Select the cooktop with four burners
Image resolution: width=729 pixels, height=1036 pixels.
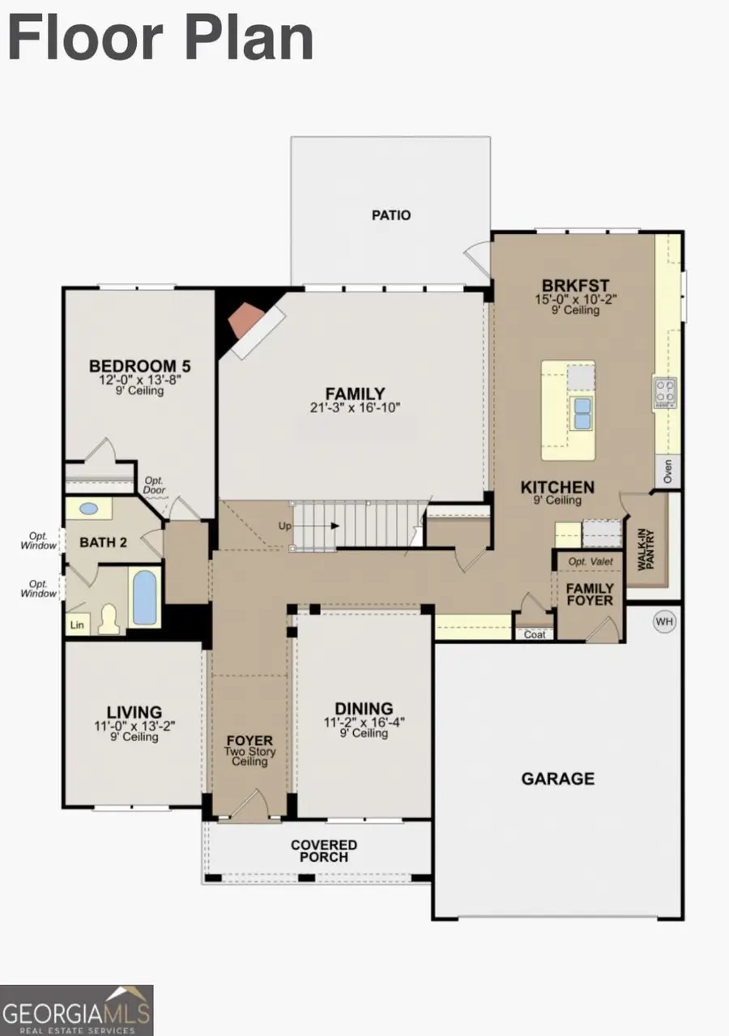[665, 392]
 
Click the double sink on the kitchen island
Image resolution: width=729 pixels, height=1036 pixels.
[580, 412]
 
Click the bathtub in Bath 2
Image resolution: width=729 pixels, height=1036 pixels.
[145, 598]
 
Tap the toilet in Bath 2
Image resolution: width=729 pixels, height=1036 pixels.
[109, 620]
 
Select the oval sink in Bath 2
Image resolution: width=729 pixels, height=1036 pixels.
[88, 509]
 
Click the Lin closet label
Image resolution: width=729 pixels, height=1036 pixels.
[78, 625]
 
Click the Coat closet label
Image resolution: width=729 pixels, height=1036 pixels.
[535, 634]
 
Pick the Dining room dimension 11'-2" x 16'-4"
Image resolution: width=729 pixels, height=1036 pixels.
[364, 722]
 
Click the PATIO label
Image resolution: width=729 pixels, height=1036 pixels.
[390, 215]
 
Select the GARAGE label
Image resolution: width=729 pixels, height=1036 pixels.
[557, 778]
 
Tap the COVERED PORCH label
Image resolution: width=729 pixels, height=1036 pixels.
[324, 851]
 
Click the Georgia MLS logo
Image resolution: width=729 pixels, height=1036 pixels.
[77, 1010]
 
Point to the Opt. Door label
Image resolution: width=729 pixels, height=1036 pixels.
[154, 486]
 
